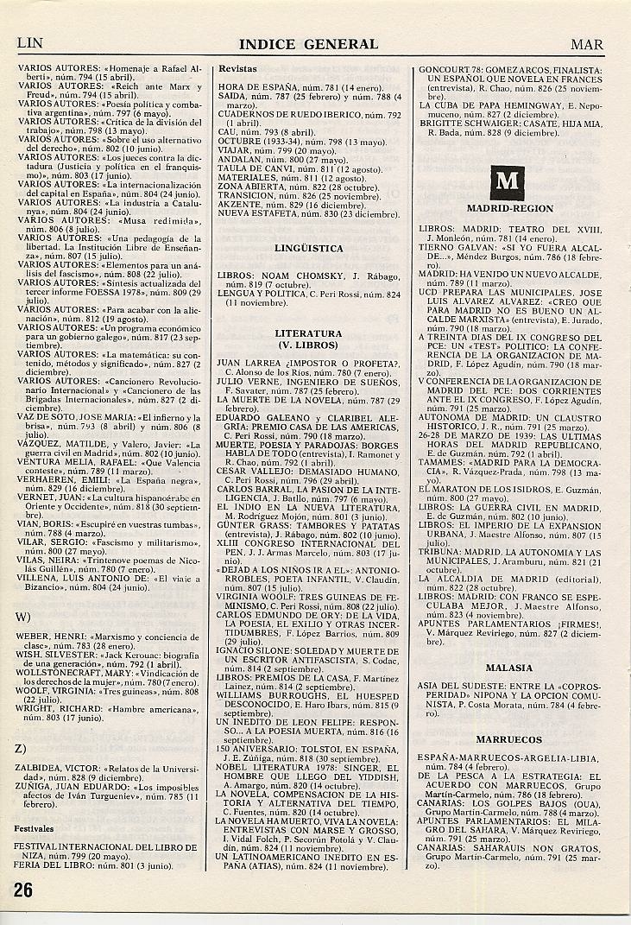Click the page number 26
pyautogui.click(x=23, y=891)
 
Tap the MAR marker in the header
pyautogui.click(x=587, y=44)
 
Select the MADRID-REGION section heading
pyautogui.click(x=509, y=209)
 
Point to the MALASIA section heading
pyautogui.click(x=509, y=668)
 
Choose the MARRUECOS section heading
pyautogui.click(x=509, y=739)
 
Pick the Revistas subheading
pyautogui.click(x=237, y=67)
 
